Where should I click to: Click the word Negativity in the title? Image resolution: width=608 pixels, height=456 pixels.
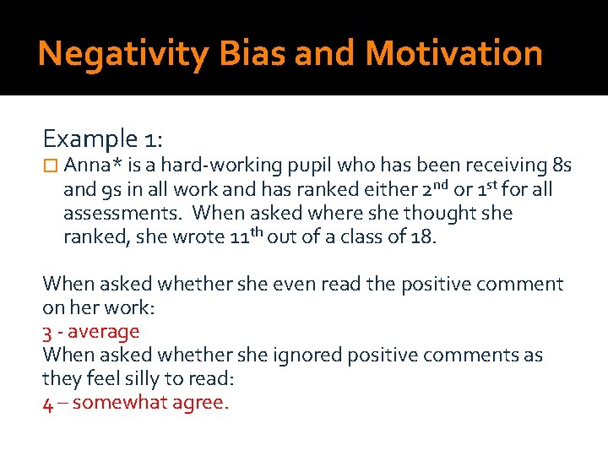pyautogui.click(x=123, y=54)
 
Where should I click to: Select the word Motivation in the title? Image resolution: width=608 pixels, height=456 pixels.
pyautogui.click(x=453, y=54)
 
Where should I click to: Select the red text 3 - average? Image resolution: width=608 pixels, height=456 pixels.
pyautogui.click(x=91, y=332)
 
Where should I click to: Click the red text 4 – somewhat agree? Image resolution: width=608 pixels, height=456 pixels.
pyautogui.click(x=135, y=403)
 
